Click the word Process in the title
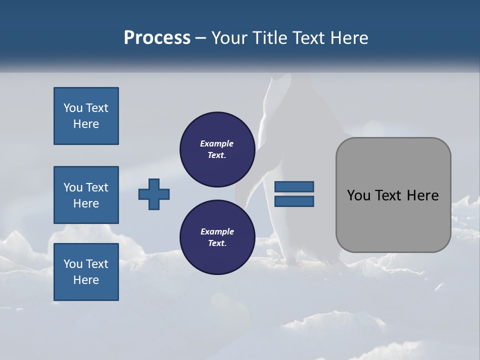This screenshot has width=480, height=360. pos(157,38)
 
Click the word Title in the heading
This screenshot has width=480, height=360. pos(269,38)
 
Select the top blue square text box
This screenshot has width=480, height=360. pos(86,116)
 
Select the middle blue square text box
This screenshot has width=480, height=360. pos(86,195)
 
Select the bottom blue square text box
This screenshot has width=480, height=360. pos(86,272)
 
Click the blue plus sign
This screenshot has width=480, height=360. pos(154,194)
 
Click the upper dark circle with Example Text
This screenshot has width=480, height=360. pos(217,149)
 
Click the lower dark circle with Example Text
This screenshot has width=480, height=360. pos(217,237)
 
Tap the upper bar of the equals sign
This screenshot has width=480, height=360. pos(294,187)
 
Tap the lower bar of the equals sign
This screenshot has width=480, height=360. pos(294,201)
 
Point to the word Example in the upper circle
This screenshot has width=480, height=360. pos(217,144)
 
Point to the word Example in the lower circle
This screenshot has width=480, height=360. pos(217,231)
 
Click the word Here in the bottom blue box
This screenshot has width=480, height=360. pos(86,280)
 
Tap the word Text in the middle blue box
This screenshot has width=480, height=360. pos(97,187)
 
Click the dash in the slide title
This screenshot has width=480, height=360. pos(201,38)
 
